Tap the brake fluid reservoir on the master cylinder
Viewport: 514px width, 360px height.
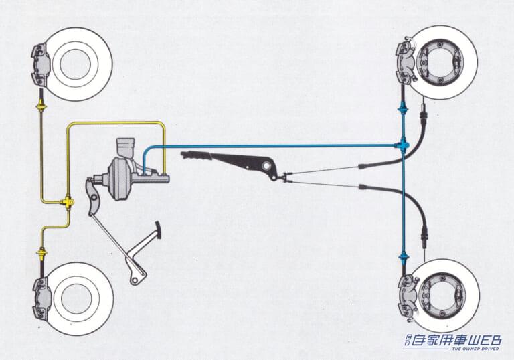coord(124,149)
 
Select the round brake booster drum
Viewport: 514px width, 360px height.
coord(118,177)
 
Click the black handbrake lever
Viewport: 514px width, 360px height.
coord(234,160)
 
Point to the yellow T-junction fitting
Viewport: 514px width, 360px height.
coord(68,201)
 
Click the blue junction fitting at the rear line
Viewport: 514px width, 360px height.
coord(402,145)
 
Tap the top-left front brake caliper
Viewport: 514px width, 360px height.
coord(40,61)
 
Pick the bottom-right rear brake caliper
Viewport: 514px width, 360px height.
coord(406,296)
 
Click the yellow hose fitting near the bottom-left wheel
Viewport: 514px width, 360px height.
coord(41,253)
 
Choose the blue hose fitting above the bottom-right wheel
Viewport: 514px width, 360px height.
coord(403,255)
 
